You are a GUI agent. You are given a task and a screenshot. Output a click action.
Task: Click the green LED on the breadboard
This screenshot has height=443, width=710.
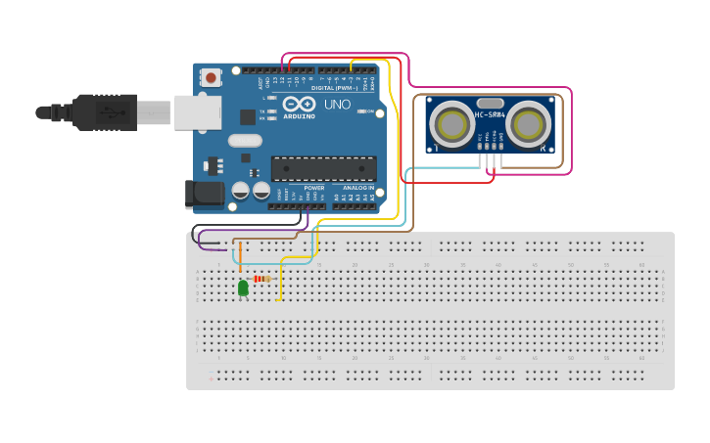tap(243, 288)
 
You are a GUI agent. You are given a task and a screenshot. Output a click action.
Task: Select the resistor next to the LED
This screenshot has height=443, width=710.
tap(261, 279)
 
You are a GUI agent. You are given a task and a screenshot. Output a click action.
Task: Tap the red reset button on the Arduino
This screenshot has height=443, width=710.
tap(211, 76)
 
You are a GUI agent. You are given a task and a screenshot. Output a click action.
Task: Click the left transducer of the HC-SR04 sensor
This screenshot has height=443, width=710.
tap(451, 124)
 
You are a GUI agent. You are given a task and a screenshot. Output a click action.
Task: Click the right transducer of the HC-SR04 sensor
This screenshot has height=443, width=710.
tap(527, 124)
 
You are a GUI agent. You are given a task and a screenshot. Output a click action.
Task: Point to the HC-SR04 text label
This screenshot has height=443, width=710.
tap(489, 115)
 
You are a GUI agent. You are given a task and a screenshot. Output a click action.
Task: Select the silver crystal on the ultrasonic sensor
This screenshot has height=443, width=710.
tap(490, 103)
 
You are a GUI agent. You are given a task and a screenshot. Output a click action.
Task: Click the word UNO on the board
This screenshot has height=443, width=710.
tap(337, 104)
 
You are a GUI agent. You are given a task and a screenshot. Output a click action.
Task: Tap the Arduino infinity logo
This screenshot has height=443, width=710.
tap(298, 104)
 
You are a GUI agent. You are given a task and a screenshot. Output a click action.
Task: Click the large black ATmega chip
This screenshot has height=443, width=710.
tap(323, 168)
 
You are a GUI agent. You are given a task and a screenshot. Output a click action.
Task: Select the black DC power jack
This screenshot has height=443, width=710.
tap(205, 193)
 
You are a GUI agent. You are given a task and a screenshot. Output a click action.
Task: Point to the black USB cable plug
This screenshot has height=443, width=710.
tap(103, 112)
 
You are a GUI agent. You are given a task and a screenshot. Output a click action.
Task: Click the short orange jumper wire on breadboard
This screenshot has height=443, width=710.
tap(240, 257)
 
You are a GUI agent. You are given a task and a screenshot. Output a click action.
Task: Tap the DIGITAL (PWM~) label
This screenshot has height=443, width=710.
tap(335, 88)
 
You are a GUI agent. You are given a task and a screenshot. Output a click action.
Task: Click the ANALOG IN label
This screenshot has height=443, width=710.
tap(357, 187)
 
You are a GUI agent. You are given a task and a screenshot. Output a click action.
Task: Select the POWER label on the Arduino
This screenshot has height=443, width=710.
tap(313, 187)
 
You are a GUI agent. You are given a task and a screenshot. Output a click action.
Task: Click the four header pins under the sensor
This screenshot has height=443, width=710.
tap(490, 147)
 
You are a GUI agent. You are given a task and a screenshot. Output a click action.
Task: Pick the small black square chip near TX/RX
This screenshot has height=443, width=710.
tap(248, 116)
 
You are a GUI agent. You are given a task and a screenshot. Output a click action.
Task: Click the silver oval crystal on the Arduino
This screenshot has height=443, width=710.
tap(245, 141)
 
